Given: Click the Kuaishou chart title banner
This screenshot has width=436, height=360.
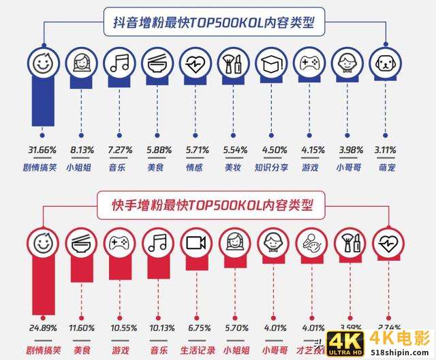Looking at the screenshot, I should (x=216, y=202).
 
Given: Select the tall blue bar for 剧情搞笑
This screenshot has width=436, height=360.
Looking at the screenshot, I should (x=42, y=102).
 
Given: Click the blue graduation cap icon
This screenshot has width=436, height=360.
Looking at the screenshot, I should (x=270, y=64).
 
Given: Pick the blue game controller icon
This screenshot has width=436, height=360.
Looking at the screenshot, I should (x=309, y=64).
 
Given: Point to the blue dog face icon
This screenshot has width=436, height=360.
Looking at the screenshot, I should (x=385, y=64).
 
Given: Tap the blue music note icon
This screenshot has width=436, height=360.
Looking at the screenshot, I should (x=120, y=64).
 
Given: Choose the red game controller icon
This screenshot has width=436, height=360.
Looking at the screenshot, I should (x=120, y=244).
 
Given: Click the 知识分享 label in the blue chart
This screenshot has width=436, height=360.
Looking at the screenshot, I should (x=270, y=165).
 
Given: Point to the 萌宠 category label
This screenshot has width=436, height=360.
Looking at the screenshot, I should (x=385, y=165).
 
